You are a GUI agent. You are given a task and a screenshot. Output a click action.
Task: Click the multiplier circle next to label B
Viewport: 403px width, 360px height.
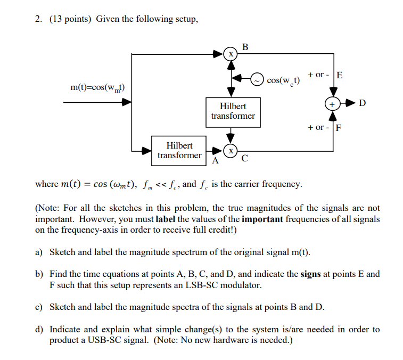click(x=231, y=54)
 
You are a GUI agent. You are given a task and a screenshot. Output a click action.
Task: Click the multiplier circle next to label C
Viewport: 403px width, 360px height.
click(x=231, y=151)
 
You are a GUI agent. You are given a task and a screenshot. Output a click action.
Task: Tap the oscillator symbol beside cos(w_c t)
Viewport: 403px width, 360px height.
click(x=257, y=78)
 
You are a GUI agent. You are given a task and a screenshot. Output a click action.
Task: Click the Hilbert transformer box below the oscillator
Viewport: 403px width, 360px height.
click(x=233, y=111)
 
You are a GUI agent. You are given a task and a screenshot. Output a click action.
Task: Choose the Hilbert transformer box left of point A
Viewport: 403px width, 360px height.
click(x=179, y=151)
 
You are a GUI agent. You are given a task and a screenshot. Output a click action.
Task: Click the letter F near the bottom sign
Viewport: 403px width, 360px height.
click(x=339, y=128)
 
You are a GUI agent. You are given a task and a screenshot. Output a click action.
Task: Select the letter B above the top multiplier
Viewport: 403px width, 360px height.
click(x=245, y=47)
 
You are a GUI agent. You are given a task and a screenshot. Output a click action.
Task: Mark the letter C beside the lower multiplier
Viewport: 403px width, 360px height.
click(x=244, y=159)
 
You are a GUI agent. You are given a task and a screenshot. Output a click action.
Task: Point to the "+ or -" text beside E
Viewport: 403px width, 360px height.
click(x=318, y=75)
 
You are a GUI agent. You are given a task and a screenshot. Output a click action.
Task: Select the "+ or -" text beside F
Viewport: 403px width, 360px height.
click(x=318, y=128)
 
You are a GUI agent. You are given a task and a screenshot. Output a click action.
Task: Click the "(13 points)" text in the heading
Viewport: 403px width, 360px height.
click(x=71, y=19)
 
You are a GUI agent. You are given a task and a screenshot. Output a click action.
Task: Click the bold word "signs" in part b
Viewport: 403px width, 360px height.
click(x=310, y=274)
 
